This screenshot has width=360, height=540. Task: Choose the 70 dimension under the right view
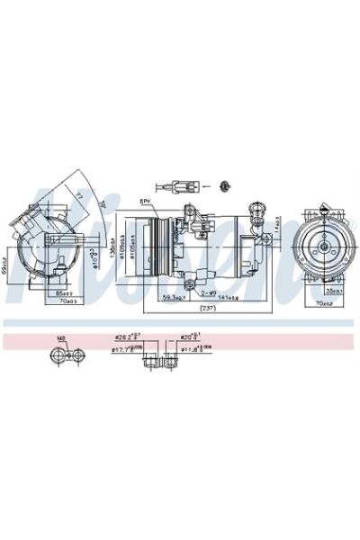323,304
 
